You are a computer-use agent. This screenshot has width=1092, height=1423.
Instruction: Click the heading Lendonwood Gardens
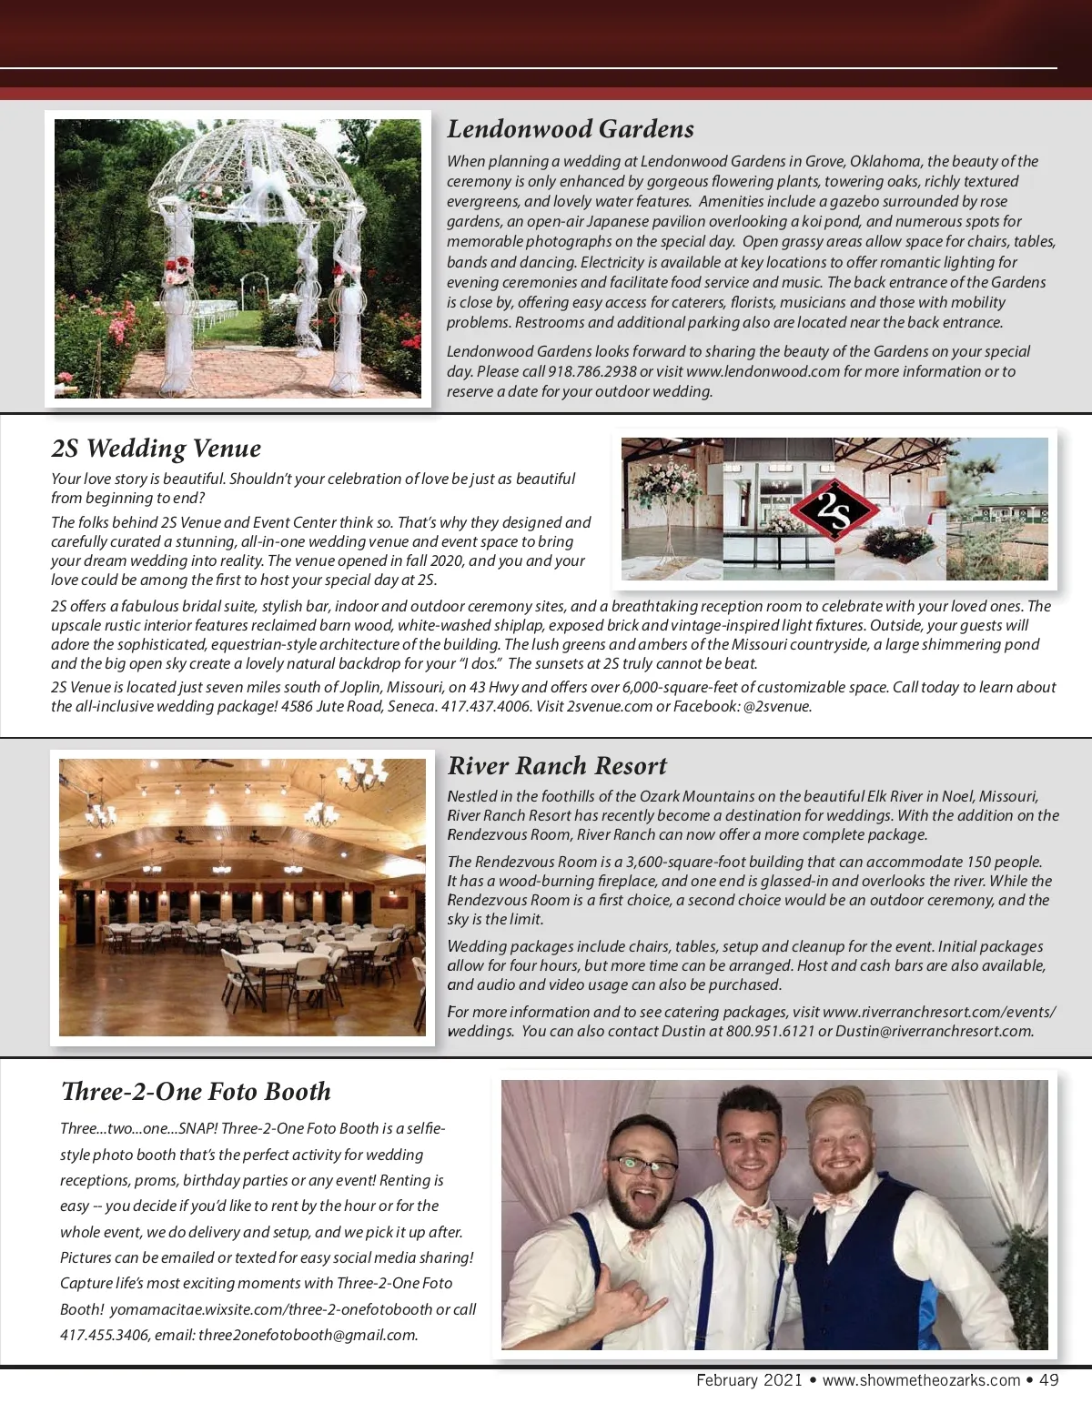click(571, 129)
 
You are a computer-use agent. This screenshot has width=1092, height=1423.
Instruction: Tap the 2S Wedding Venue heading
click(156, 449)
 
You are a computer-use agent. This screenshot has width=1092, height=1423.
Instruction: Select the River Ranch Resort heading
click(557, 766)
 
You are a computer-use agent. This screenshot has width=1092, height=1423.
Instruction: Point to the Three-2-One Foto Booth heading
click(196, 1092)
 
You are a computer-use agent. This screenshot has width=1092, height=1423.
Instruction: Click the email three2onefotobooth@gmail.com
click(307, 1335)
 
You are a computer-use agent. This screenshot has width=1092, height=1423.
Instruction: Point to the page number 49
click(1048, 1380)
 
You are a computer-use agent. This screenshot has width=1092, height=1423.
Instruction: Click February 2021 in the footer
click(749, 1380)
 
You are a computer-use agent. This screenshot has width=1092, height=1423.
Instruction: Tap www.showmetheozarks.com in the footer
click(921, 1380)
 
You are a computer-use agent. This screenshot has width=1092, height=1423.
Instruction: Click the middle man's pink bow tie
click(753, 1216)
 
